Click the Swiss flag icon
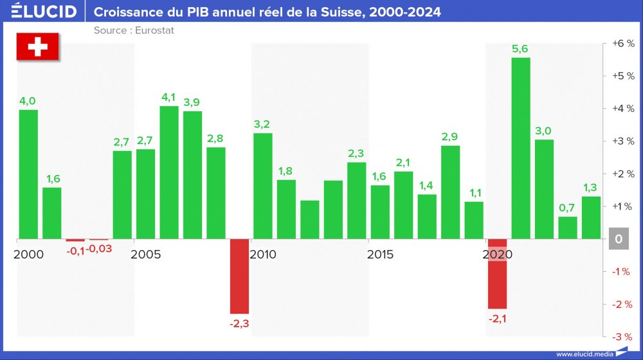(37, 48)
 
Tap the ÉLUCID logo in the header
(44, 12)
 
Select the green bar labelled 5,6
(521, 148)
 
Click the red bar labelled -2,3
(239, 276)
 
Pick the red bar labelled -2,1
(498, 274)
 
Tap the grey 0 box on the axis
(618, 239)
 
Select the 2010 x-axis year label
(263, 255)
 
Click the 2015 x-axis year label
(380, 255)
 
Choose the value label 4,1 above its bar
(168, 97)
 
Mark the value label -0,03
(99, 249)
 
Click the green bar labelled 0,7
(568, 228)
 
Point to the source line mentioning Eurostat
(134, 30)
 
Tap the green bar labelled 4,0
(28, 174)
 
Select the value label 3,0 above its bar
(543, 131)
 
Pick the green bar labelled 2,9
(450, 192)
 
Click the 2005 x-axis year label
(146, 255)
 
